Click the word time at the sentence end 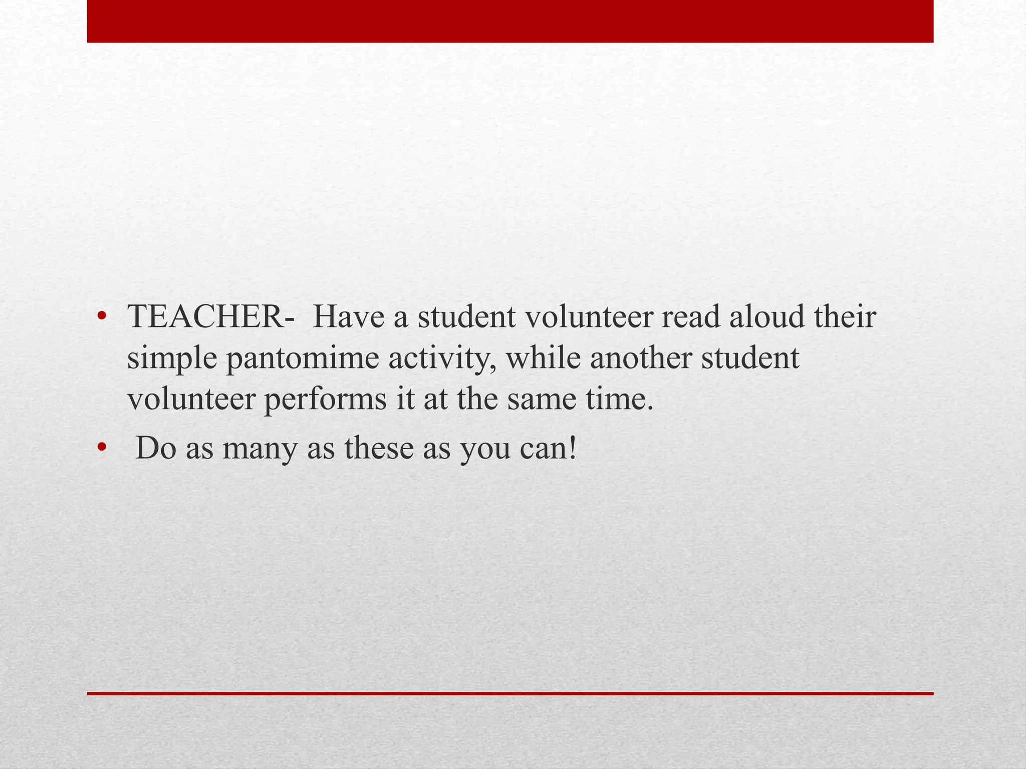621,400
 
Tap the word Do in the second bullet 156,448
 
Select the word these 380,448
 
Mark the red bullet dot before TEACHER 102,316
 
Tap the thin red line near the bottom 510,693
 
